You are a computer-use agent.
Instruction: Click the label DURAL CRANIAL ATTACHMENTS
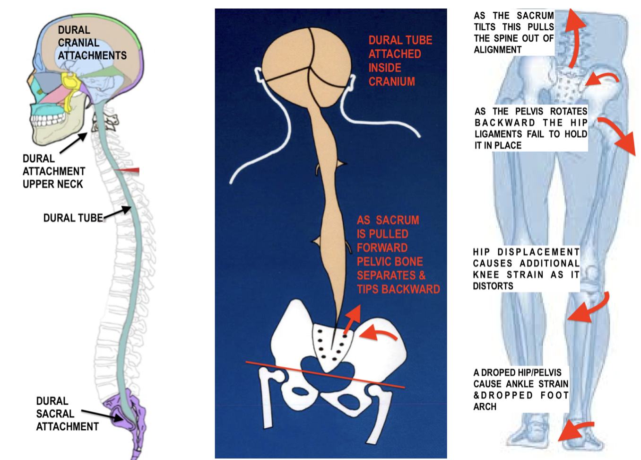[x=92, y=43]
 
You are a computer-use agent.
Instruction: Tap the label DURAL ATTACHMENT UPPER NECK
[x=53, y=171]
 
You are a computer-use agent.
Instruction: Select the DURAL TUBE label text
[x=73, y=218]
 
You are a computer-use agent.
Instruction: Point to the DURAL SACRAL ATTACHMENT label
[x=67, y=414]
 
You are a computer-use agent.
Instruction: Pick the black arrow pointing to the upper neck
[x=74, y=143]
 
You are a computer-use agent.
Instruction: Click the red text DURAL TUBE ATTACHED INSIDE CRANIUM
[x=399, y=61]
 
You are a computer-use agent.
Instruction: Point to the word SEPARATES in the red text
[x=386, y=275]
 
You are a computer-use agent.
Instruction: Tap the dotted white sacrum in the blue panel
[x=333, y=348]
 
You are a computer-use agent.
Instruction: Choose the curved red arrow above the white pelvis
[x=378, y=333]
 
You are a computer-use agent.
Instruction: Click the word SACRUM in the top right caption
[x=535, y=16]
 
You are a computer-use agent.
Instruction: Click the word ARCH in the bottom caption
[x=485, y=407]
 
